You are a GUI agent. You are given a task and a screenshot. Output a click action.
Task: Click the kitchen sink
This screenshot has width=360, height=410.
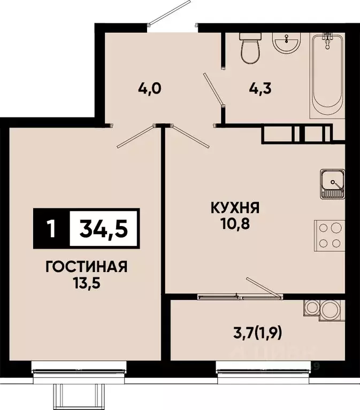333,184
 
